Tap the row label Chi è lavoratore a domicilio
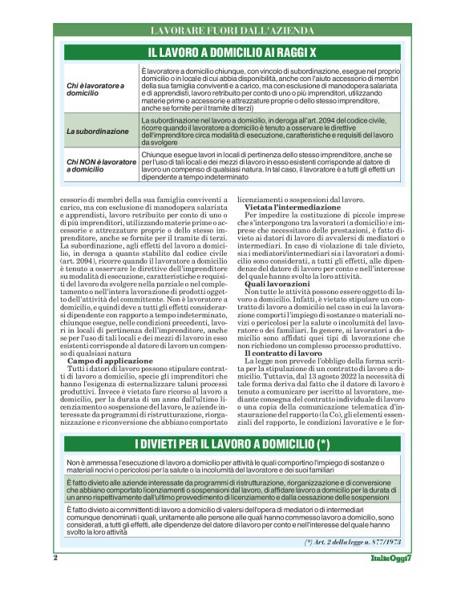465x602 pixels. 96,90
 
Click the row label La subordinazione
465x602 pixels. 97,131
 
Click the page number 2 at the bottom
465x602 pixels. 55,557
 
